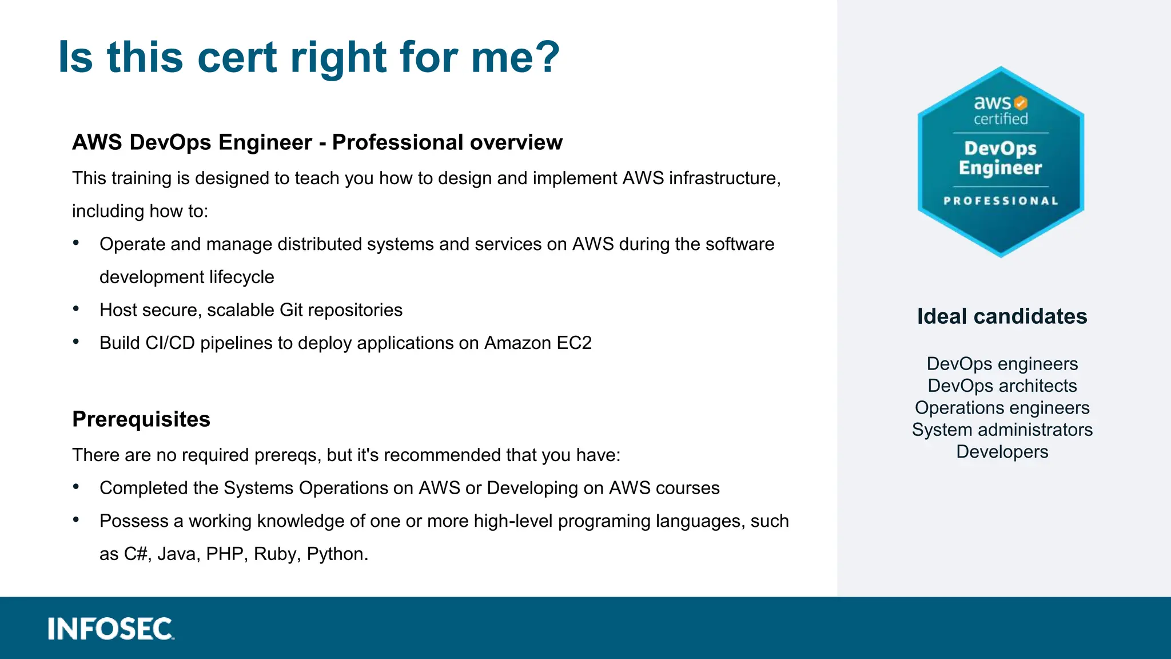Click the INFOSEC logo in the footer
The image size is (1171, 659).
[111, 629]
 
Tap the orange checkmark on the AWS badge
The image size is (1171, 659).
[1021, 103]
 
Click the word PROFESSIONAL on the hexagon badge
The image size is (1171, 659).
[1001, 201]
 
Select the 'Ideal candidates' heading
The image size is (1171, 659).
[1002, 316]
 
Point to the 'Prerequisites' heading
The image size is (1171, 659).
[141, 419]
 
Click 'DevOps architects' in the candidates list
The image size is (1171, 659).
[1002, 386]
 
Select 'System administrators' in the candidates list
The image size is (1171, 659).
[1002, 430]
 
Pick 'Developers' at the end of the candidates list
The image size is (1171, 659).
[1002, 452]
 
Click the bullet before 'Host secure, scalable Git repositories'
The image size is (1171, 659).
[76, 309]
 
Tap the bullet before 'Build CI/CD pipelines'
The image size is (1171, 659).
[76, 342]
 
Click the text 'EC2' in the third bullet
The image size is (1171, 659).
[574, 343]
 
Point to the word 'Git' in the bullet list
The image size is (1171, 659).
[291, 310]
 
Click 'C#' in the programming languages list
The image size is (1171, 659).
[136, 554]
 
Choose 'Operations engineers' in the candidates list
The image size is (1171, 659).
[1002, 408]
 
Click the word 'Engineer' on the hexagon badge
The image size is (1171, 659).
[1000, 168]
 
